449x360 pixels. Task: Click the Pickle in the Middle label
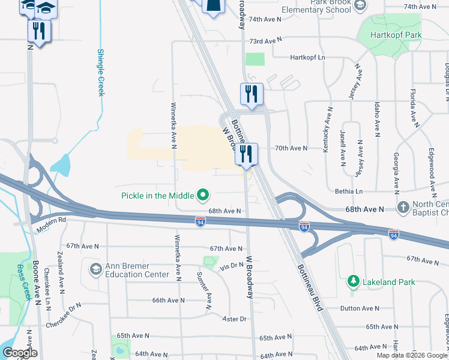click(157, 195)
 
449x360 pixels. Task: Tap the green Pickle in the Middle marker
click(203, 195)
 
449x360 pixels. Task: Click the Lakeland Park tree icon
click(354, 281)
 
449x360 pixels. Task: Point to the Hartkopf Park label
click(396, 35)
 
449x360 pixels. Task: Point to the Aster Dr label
click(235, 319)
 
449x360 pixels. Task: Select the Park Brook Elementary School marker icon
click(360, 6)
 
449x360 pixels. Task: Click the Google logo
click(20, 353)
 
